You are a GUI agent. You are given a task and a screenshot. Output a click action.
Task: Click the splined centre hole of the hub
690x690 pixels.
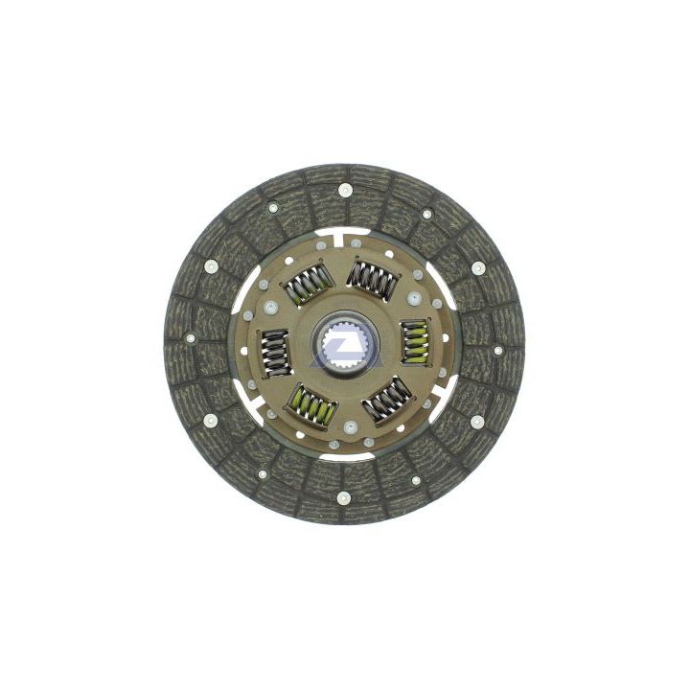point(345,344)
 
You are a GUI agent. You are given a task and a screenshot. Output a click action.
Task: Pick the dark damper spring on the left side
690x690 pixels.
point(276,352)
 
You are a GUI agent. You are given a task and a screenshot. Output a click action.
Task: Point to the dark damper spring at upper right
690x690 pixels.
point(373,279)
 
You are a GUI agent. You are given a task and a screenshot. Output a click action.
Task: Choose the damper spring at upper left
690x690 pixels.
point(307,282)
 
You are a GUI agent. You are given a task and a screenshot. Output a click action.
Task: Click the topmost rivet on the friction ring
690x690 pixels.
point(344,190)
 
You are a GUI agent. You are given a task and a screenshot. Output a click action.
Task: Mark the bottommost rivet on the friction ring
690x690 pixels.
point(344,497)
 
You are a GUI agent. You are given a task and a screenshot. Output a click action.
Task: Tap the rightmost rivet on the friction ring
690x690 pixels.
point(497,351)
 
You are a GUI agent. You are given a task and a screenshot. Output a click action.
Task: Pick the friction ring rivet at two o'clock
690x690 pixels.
point(477,267)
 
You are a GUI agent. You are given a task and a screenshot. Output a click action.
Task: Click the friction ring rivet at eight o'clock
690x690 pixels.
point(211,420)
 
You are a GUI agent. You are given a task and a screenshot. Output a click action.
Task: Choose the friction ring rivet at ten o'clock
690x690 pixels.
point(211,267)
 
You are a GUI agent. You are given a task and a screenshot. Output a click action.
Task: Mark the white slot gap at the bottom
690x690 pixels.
point(345,457)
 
